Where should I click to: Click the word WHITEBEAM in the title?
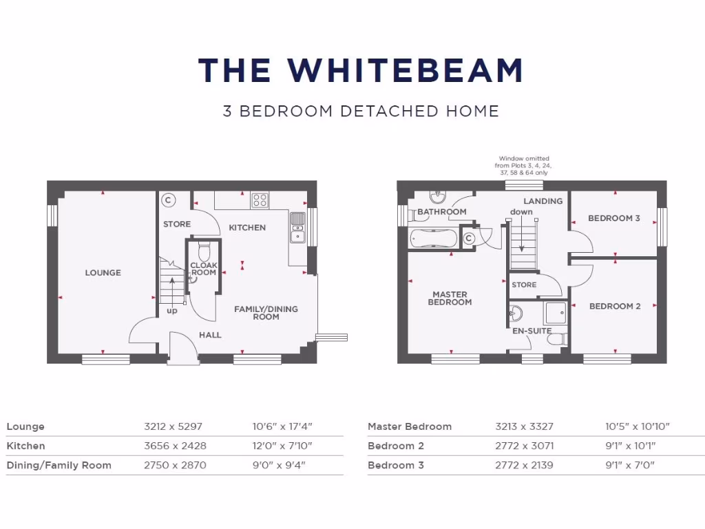tap(406, 70)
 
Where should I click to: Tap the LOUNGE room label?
tap(103, 273)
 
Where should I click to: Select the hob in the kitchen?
tap(260, 200)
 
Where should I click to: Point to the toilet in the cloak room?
tap(204, 249)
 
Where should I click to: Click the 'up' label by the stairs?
tap(172, 311)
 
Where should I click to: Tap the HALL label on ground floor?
tap(210, 335)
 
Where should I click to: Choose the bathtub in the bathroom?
tap(432, 238)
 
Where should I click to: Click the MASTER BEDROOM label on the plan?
tap(450, 298)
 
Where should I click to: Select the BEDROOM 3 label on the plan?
tap(613, 218)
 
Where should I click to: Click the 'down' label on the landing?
tap(521, 212)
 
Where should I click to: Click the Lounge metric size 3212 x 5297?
tap(173, 427)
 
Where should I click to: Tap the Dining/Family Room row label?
tap(59, 466)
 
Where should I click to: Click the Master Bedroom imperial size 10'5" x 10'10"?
tap(638, 427)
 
